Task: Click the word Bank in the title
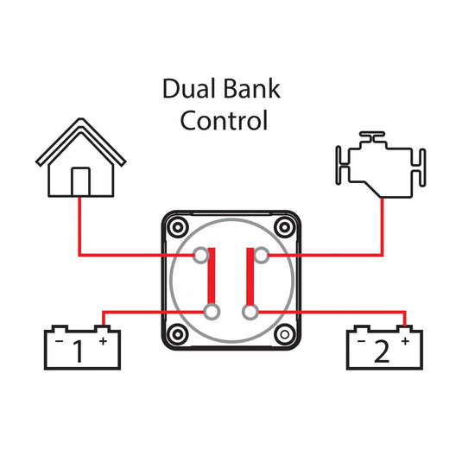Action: (250, 88)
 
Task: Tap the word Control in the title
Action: (224, 120)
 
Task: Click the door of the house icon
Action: (80, 182)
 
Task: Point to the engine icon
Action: (381, 164)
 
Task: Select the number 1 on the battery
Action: (78, 351)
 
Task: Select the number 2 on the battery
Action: (382, 351)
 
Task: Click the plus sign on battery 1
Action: (103, 341)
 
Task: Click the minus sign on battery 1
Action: (60, 341)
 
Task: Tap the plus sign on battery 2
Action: (405, 341)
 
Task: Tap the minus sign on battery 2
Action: (361, 341)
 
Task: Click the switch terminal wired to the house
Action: (201, 255)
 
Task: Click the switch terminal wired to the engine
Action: (261, 255)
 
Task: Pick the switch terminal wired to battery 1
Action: (212, 312)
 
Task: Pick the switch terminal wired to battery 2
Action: (250, 312)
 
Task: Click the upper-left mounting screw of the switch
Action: (178, 227)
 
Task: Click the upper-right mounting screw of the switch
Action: (285, 227)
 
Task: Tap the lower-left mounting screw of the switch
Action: (178, 334)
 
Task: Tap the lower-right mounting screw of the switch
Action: (285, 334)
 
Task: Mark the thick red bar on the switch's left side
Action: (212, 276)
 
